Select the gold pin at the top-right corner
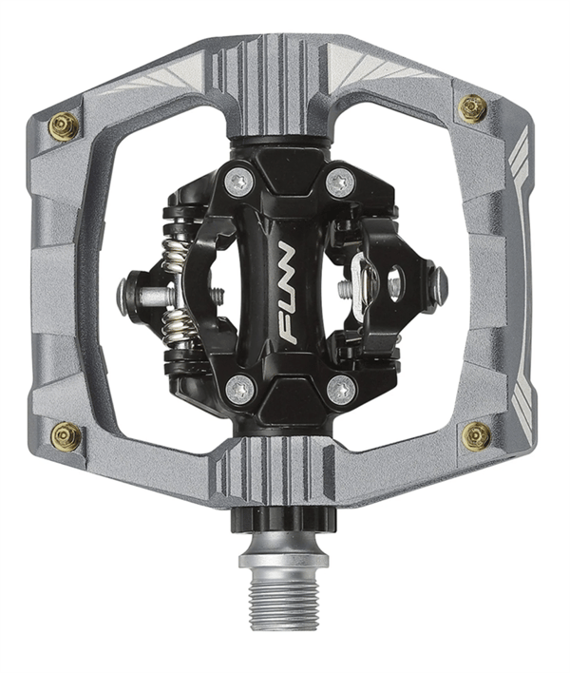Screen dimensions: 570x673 coord(473,108)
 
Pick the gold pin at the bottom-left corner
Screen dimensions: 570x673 coord(66,436)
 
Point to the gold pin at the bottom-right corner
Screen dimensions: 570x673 coord(477,436)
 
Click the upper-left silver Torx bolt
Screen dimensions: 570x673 coord(238,183)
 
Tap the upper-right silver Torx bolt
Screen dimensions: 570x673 coord(340,182)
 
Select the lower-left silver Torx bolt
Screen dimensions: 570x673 coord(240,390)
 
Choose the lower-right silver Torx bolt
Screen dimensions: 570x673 coord(341,391)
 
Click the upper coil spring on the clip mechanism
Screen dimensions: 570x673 coord(175,257)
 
